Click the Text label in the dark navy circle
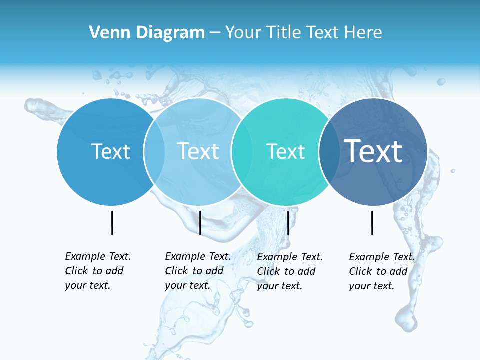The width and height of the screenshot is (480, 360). tap(373, 151)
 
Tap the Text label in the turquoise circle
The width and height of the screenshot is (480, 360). tap(286, 152)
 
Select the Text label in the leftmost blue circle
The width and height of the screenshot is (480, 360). tap(111, 152)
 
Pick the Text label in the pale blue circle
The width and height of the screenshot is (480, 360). tap(198, 152)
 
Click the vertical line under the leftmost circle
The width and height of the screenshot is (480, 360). tap(112, 223)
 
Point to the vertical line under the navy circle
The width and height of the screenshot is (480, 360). tap(372, 223)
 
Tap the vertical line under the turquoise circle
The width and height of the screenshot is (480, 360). tap(288, 223)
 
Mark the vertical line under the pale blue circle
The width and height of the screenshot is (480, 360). tap(200, 223)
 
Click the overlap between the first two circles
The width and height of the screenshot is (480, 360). tap(154, 152)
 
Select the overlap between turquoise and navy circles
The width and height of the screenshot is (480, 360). tap(327, 152)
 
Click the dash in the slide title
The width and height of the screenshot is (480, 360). tap(215, 33)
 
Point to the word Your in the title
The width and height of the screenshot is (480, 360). tap(243, 33)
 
